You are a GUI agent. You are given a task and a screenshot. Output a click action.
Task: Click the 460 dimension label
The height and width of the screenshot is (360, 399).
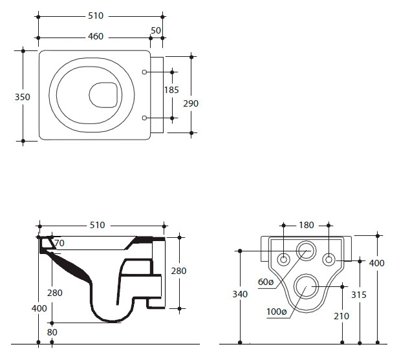click(x=96, y=36)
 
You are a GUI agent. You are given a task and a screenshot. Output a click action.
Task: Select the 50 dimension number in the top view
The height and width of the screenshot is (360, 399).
click(x=156, y=30)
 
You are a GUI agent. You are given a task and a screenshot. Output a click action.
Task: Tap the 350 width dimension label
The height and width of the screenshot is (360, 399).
click(x=23, y=97)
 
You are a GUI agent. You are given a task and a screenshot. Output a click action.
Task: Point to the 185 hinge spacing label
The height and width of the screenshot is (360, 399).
click(x=171, y=90)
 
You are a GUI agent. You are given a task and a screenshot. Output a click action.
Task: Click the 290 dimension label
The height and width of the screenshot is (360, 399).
click(x=191, y=103)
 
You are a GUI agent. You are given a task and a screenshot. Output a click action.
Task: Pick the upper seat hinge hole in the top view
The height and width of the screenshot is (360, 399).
click(x=144, y=72)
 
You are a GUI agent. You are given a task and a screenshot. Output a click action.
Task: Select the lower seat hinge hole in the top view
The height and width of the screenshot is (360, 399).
click(x=144, y=118)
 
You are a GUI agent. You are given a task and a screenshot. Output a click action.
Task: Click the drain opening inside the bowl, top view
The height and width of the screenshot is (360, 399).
click(x=103, y=95)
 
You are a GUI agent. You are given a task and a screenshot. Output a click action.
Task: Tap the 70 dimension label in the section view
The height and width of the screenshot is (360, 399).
click(x=59, y=243)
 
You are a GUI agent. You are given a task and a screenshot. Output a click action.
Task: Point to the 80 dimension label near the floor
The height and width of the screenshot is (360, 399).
click(x=52, y=332)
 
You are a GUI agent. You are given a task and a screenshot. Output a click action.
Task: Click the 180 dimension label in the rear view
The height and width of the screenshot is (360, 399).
click(x=307, y=225)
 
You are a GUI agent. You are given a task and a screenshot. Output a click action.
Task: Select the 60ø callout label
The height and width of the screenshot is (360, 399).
click(x=265, y=282)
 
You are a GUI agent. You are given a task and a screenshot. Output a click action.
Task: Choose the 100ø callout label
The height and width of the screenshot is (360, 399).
click(x=277, y=312)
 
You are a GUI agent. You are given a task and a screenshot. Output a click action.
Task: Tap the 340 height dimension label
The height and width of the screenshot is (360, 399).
click(x=240, y=294)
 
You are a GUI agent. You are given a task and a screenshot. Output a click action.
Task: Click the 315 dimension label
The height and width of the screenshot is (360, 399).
click(x=359, y=295)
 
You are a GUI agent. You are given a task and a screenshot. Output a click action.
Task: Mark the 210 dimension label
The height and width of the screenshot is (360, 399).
click(x=341, y=316)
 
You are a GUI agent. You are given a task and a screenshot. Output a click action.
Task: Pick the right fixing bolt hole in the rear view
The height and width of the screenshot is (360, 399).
click(x=329, y=260)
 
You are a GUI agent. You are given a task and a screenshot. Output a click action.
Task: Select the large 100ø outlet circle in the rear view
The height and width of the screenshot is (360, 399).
click(x=307, y=274)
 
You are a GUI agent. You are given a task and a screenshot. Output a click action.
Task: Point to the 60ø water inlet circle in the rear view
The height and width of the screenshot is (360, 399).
click(x=307, y=241)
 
